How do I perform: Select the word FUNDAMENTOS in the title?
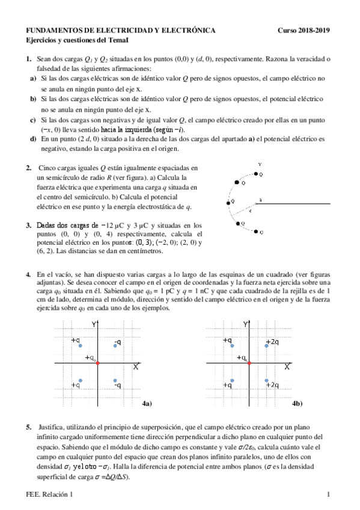pyautogui.click(x=53, y=30)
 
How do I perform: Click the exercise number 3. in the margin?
pyautogui.click(x=28, y=226)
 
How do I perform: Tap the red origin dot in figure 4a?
pyautogui.click(x=97, y=364)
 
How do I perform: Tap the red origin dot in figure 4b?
pyautogui.click(x=249, y=364)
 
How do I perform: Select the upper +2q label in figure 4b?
pyautogui.click(x=272, y=342)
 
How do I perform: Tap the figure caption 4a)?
pyautogui.click(x=147, y=404)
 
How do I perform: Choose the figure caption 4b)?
pyautogui.click(x=297, y=404)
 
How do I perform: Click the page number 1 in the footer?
pyautogui.click(x=329, y=494)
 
